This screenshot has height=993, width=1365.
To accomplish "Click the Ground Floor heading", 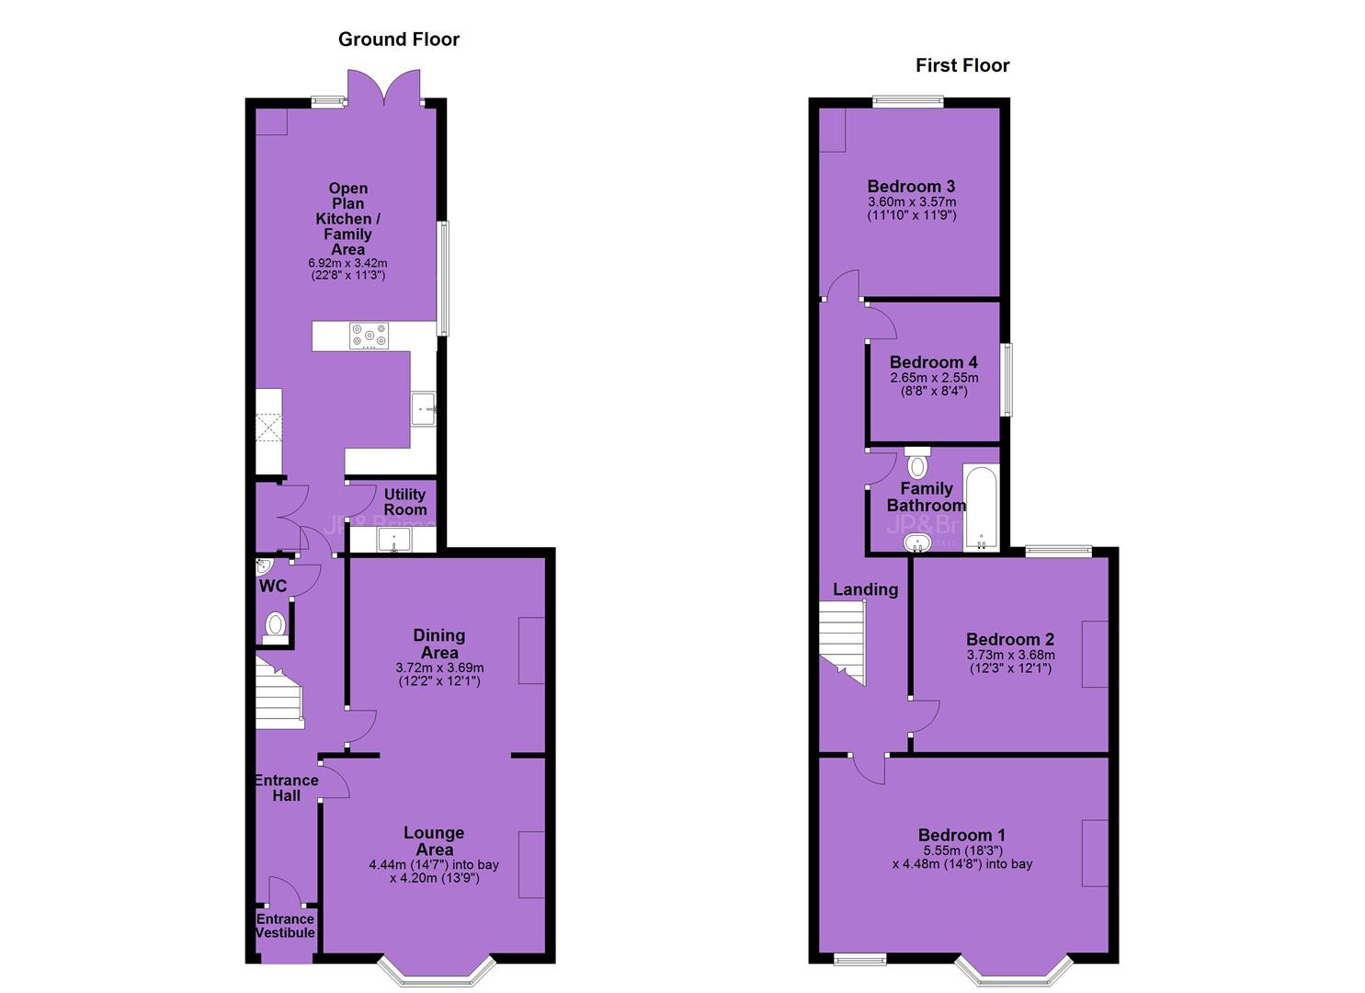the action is pyautogui.click(x=399, y=40).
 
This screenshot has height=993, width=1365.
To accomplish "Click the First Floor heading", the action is pyautogui.click(x=962, y=65).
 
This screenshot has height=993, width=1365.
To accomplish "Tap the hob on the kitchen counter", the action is pyautogui.click(x=370, y=336).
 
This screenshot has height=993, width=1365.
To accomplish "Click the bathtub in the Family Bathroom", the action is pyautogui.click(x=981, y=508).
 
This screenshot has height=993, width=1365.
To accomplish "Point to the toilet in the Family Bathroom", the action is pyautogui.click(x=917, y=463).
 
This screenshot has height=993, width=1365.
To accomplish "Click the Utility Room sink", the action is pyautogui.click(x=394, y=540).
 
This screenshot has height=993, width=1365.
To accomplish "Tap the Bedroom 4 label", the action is pyautogui.click(x=933, y=362).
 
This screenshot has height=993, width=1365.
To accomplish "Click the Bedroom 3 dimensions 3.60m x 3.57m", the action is pyautogui.click(x=912, y=201).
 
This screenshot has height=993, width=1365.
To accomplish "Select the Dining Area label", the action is pyautogui.click(x=439, y=644).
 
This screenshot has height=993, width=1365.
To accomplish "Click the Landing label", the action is pyautogui.click(x=865, y=589).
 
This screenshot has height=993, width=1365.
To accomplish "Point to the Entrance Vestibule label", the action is pyautogui.click(x=285, y=926).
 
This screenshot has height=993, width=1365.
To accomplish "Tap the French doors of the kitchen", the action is pyautogui.click(x=384, y=88).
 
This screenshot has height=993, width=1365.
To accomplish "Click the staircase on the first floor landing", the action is pyautogui.click(x=843, y=642).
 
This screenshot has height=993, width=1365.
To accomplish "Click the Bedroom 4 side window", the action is pyautogui.click(x=1007, y=380).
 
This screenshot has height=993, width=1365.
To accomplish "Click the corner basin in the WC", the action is pyautogui.click(x=263, y=567).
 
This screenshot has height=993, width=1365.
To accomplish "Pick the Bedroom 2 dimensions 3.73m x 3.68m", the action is pyautogui.click(x=1010, y=656).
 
